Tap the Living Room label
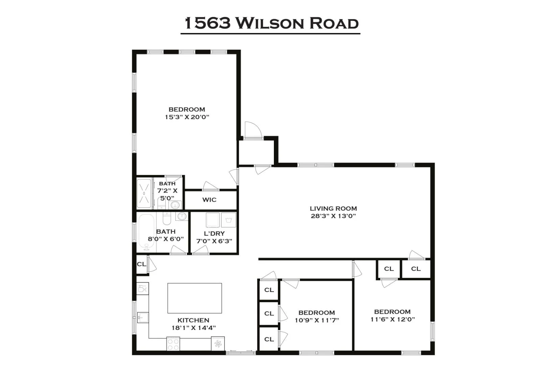click(x=333, y=208)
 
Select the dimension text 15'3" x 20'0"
click(x=187, y=117)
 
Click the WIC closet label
click(x=209, y=200)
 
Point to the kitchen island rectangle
click(x=194, y=298)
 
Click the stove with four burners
click(x=173, y=344)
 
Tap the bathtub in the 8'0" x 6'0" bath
click(x=146, y=232)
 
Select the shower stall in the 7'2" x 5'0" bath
click(x=144, y=194)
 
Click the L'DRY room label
click(x=214, y=233)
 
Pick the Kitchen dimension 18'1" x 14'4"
click(x=193, y=328)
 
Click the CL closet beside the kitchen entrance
click(x=141, y=264)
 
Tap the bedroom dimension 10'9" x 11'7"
click(x=316, y=320)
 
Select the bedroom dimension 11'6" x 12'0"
click(x=392, y=319)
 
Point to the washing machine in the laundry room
click(x=229, y=220)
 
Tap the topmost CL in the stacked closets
click(x=269, y=290)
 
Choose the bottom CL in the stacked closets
click(x=269, y=339)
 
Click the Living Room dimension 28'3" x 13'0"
click(x=333, y=216)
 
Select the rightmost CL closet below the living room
click(x=416, y=269)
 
